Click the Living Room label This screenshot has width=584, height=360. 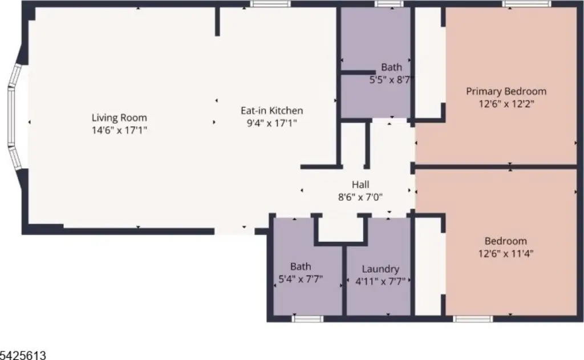[119, 118]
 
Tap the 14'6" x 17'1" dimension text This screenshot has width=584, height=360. [119, 130]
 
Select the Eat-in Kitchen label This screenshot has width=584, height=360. [272, 111]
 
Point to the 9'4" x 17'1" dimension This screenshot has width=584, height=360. [272, 123]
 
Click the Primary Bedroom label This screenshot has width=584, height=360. [506, 91]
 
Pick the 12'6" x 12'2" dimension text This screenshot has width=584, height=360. [506, 104]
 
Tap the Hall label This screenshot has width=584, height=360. [360, 184]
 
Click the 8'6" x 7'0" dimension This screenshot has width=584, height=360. [360, 197]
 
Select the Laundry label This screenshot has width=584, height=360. [380, 269]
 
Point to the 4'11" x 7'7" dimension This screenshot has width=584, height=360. [380, 281]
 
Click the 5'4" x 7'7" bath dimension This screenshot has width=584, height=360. [301, 279]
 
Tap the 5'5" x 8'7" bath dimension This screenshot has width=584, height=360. [391, 80]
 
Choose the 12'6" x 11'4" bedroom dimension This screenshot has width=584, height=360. [506, 253]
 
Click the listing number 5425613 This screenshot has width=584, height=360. [23, 355]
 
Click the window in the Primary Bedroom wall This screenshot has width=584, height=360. [526, 4]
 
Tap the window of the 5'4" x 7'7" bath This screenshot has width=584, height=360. [307, 318]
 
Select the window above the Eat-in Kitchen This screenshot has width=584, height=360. [270, 4]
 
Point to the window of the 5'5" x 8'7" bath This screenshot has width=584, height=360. [389, 4]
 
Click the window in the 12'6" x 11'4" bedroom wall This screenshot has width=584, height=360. [473, 318]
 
